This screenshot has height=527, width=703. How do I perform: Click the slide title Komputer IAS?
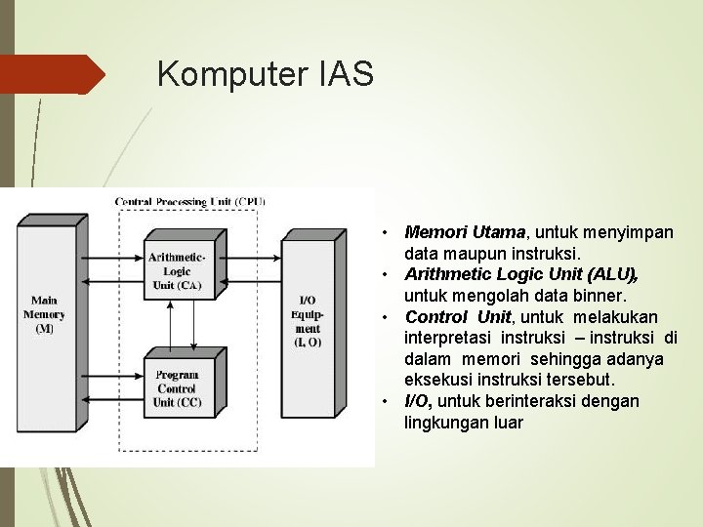pos(265,74)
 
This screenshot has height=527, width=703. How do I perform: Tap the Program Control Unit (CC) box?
pos(178,388)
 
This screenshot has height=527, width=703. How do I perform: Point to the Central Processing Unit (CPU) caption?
pos(189,202)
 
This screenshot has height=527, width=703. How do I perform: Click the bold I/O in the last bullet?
pos(419,401)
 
